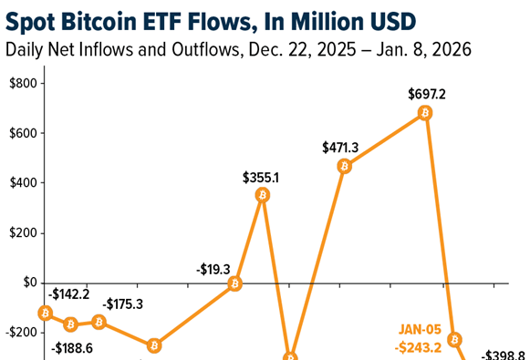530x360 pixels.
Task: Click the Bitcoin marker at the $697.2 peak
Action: (425, 113)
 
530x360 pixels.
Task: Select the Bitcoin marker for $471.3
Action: (344, 166)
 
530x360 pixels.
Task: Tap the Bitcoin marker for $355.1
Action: (263, 195)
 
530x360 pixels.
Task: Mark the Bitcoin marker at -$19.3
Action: (234, 283)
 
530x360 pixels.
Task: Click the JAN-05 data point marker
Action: (454, 339)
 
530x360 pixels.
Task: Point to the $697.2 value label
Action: (427, 93)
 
